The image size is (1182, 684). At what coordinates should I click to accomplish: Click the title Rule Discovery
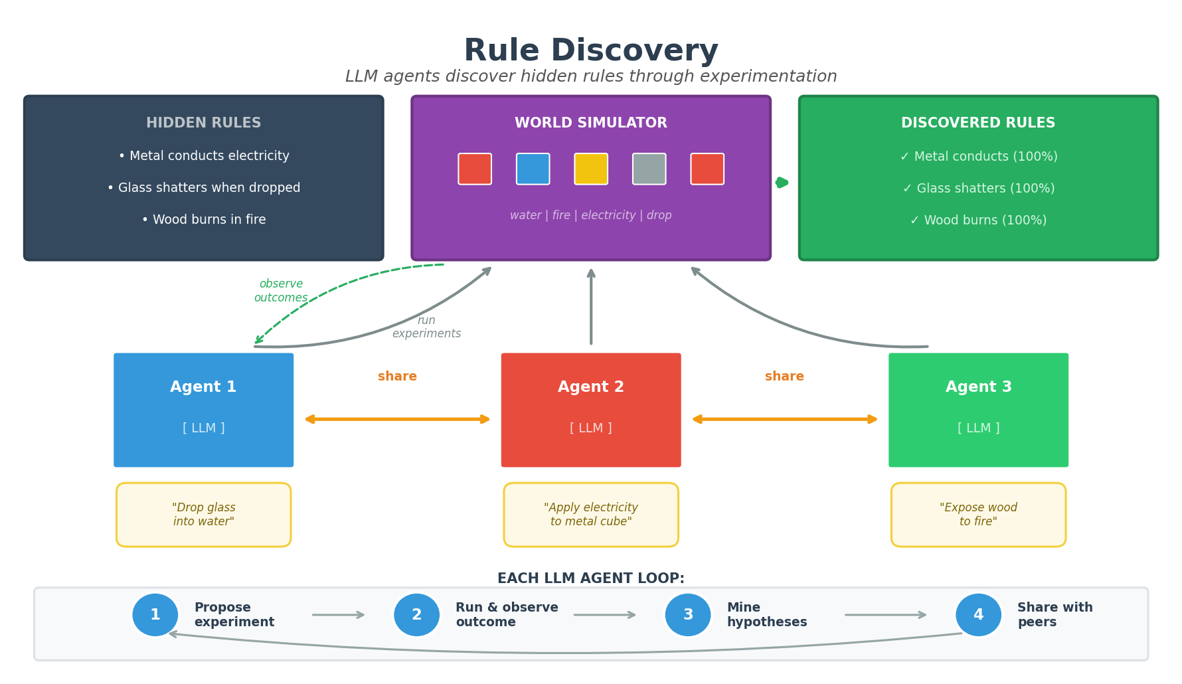point(590,51)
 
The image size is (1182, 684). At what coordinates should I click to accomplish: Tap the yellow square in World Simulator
point(590,169)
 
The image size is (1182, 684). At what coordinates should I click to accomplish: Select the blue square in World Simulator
point(533,169)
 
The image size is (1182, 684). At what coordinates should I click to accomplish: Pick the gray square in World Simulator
point(649,169)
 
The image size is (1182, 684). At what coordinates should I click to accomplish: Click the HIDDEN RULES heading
point(203,123)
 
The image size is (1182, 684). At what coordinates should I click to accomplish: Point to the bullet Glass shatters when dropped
point(203,188)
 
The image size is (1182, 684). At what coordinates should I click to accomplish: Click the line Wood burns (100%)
point(977,220)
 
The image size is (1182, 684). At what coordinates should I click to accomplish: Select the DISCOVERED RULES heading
point(977,123)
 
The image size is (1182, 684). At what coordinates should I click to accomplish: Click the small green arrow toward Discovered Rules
point(782,183)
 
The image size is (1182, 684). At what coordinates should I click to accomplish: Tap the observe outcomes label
point(281,291)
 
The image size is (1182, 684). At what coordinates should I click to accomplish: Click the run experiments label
point(426,327)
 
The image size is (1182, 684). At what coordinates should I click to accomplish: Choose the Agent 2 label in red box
point(590,386)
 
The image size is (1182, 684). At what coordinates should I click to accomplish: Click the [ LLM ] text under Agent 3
point(977,428)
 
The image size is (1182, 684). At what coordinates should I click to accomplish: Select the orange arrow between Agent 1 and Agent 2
point(397,419)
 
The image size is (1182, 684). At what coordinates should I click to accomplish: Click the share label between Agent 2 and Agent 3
point(784,377)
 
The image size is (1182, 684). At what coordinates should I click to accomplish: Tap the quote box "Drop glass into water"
point(203,515)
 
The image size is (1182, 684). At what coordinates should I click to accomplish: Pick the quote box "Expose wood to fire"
point(977,515)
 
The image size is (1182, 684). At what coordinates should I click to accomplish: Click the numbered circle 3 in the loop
point(687,615)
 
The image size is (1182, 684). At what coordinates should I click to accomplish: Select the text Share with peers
point(1054,615)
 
